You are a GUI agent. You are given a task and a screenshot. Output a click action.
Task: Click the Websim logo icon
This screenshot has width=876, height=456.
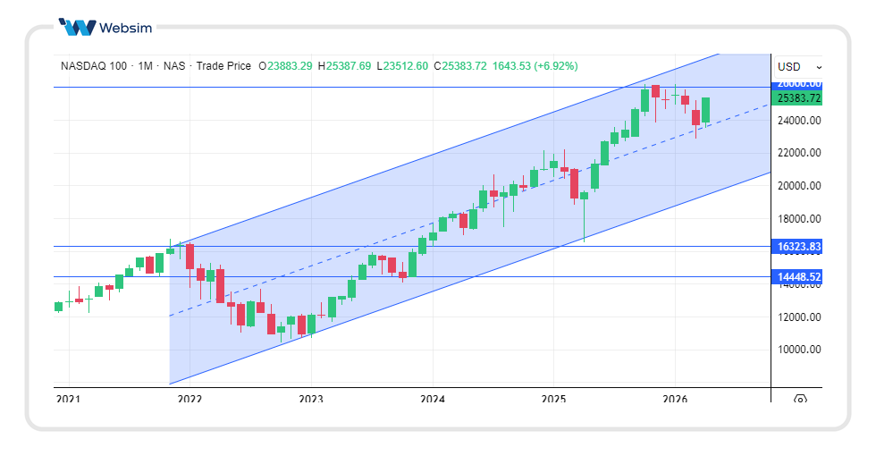[76, 27]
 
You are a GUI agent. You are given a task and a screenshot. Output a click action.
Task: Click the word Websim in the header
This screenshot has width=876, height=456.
[126, 27]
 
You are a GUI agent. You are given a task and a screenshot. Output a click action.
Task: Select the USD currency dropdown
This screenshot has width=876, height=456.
[798, 66]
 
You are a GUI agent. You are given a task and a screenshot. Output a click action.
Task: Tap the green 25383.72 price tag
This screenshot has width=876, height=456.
[798, 97]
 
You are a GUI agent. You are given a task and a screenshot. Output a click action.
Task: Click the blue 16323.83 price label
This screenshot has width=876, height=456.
[798, 246]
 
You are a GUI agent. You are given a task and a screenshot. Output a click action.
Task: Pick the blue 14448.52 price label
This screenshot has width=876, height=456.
[798, 277]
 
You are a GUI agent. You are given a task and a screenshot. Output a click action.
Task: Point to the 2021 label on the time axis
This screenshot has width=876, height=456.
[68, 399]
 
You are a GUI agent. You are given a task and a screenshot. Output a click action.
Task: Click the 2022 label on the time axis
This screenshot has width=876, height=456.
[189, 399]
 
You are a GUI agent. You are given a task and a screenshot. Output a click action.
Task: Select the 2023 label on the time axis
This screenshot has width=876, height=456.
[310, 399]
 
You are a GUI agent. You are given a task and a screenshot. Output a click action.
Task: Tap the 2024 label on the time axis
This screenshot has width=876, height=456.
[432, 399]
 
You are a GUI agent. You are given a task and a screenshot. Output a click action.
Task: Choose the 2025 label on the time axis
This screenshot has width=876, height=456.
[553, 399]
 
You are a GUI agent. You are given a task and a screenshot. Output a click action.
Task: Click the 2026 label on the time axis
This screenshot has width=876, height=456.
[675, 399]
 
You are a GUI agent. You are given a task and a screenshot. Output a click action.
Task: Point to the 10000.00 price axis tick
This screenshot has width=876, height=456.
[798, 350]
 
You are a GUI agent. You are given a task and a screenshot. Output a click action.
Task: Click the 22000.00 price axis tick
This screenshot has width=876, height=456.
[798, 153]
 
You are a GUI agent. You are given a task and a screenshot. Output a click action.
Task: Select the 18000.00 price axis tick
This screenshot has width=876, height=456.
[798, 219]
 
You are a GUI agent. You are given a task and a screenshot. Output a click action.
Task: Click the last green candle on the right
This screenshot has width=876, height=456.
[705, 110]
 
